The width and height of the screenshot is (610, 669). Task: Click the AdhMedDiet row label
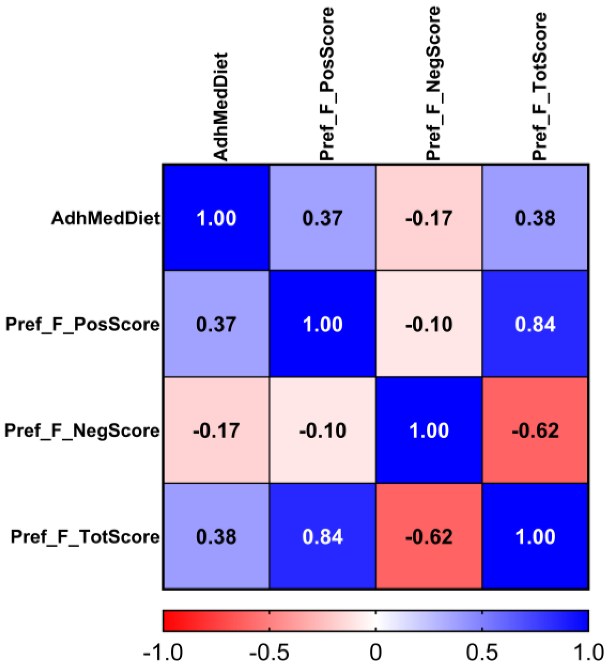point(106,218)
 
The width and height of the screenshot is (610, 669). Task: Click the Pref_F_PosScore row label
point(83,324)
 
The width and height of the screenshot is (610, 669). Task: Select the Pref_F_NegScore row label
point(82,430)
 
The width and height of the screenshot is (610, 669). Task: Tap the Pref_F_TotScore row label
point(85,536)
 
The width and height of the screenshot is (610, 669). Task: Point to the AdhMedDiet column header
point(221,107)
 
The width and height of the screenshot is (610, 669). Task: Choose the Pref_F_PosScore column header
point(326,84)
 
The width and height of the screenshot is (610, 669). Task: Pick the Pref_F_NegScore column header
point(433,84)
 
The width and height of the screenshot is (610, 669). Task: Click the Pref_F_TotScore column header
point(539,86)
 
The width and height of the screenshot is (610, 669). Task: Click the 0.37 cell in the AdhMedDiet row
point(322,218)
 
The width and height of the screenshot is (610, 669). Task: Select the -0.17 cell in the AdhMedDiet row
point(429,218)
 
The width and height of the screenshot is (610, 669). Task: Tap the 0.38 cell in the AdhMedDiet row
point(535,218)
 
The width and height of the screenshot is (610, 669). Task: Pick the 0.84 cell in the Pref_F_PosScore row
point(535,324)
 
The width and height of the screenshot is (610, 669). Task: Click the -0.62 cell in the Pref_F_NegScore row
point(535,430)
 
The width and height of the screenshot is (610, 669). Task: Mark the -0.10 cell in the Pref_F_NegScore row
point(322,430)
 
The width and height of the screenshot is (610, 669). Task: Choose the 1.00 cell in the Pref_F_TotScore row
point(535,536)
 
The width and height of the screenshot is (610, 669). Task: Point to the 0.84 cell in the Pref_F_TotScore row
point(322,536)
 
